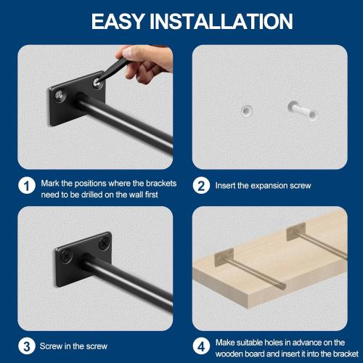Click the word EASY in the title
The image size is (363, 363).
[x=118, y=20]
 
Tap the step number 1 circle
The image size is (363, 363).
[x=27, y=186]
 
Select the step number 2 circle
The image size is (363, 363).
[x=200, y=186]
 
